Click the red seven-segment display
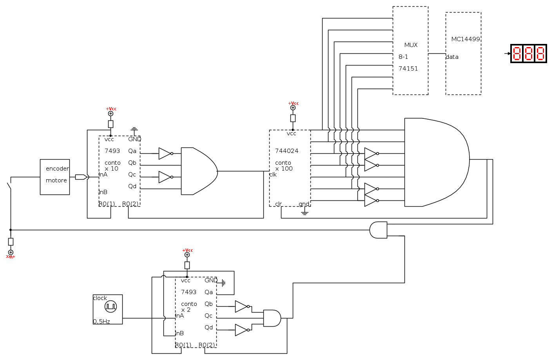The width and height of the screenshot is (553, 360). point(529,54)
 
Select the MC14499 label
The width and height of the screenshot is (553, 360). point(465,39)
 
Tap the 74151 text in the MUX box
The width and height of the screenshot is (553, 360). point(408,69)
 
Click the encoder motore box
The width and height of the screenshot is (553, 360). point(55,177)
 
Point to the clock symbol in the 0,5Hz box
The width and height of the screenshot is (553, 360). point(111,306)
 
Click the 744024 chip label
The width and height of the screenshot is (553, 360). point(286,151)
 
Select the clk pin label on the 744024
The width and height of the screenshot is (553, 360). point(273,175)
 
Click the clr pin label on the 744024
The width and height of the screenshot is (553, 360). point(278,204)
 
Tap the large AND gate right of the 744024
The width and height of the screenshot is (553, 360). point(437,162)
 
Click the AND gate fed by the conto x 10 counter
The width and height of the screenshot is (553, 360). point(199,171)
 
